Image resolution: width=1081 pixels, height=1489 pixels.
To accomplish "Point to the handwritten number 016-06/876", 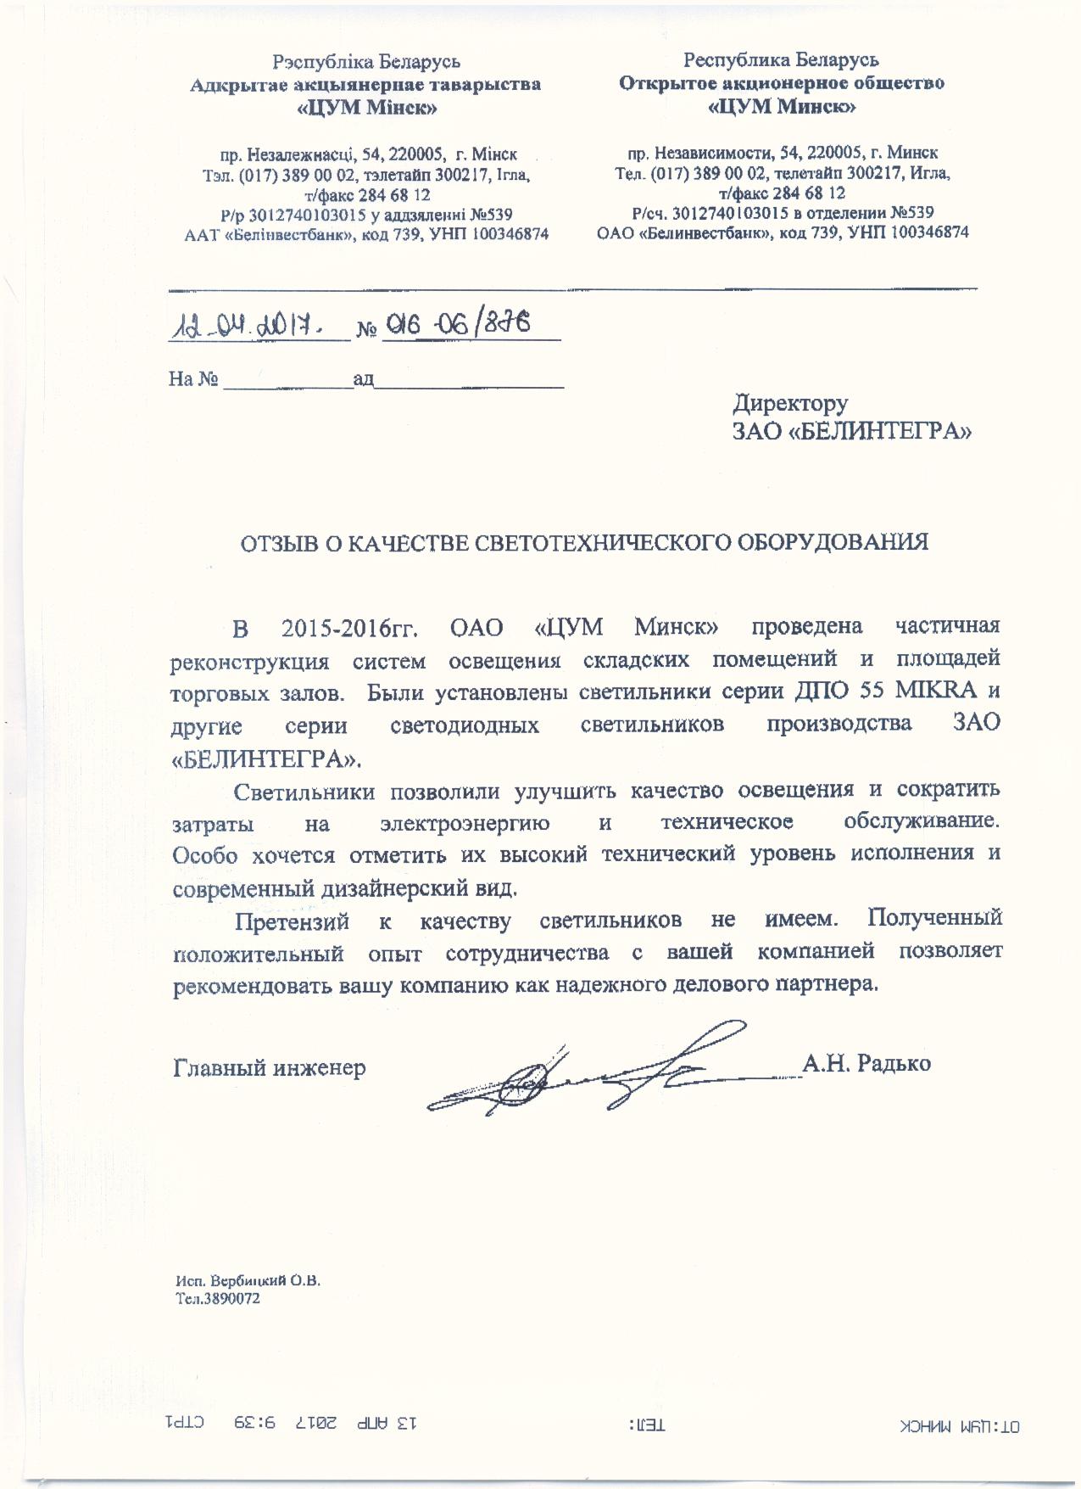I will (x=457, y=322).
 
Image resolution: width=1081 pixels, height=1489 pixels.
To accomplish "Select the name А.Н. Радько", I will (x=866, y=1063).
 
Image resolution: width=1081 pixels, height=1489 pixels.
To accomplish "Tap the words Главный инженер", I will (x=270, y=1066).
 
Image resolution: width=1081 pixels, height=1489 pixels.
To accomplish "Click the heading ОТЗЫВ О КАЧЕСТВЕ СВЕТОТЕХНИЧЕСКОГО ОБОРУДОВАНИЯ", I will (x=585, y=542).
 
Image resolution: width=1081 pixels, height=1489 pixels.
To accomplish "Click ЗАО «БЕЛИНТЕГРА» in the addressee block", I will (x=851, y=432).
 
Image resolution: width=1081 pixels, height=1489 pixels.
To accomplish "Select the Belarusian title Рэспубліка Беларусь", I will (x=366, y=62).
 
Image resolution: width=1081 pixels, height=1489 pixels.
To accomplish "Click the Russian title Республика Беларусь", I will (x=781, y=59).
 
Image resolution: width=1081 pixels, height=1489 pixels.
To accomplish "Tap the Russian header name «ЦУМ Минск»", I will (x=781, y=107).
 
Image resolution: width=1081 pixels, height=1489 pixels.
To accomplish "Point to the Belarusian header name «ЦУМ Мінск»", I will (x=367, y=108).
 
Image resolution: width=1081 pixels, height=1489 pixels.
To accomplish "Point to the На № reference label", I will (x=194, y=379).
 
